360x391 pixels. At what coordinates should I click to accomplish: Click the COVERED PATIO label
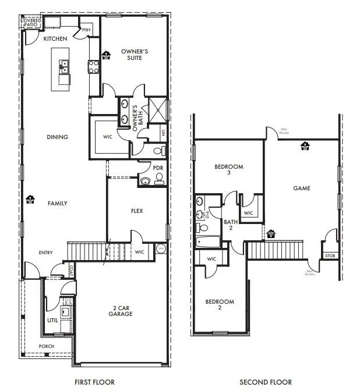[x=31, y=23]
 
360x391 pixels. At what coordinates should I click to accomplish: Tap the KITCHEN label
[x=56, y=38]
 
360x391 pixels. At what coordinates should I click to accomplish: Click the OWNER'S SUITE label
[x=135, y=55]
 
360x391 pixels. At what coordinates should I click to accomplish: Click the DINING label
[x=58, y=137]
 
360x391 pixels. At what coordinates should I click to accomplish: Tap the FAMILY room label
[x=58, y=204]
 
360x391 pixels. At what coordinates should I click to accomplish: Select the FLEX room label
[x=137, y=211]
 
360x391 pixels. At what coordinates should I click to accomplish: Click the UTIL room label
[x=52, y=321]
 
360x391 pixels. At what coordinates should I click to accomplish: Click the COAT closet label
[x=71, y=270]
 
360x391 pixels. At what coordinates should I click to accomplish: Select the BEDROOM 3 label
[x=228, y=170]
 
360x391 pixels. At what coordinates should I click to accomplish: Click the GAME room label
[x=302, y=188]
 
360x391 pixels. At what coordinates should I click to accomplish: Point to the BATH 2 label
[x=231, y=225]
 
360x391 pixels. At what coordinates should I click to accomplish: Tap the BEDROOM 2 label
[x=220, y=305]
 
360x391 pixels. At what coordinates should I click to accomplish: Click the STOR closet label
[x=330, y=255]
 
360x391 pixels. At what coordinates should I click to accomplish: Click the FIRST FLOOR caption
[x=94, y=382]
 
